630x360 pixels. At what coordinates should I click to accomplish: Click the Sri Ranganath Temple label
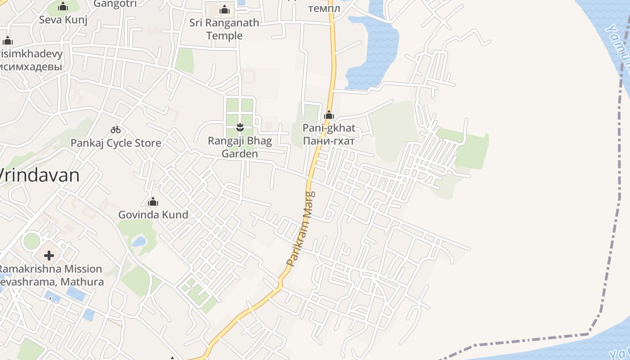point(224,29)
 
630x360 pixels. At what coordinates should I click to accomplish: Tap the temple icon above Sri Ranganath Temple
point(224,9)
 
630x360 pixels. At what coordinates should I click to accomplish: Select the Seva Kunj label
point(63,20)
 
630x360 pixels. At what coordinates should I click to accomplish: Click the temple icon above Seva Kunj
point(63,6)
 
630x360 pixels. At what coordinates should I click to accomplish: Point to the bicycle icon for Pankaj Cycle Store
point(116,130)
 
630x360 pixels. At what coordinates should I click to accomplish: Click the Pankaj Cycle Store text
point(116,143)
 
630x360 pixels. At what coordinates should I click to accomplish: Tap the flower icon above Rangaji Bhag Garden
point(240,127)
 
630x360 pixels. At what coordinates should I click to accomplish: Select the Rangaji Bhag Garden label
point(240,147)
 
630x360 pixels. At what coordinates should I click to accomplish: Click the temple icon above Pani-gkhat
point(329,115)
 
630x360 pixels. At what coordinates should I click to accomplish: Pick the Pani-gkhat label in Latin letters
point(329,128)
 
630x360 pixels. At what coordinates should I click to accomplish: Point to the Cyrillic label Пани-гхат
point(329,141)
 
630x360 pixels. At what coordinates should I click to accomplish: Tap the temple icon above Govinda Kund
point(153,201)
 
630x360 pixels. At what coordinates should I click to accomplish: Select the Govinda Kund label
point(153,215)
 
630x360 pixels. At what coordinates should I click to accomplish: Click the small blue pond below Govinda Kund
point(139,242)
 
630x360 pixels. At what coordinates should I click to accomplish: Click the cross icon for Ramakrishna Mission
point(49,256)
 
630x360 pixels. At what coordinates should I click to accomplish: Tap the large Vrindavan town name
point(40,175)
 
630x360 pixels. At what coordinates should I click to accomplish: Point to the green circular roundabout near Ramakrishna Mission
point(31,241)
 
